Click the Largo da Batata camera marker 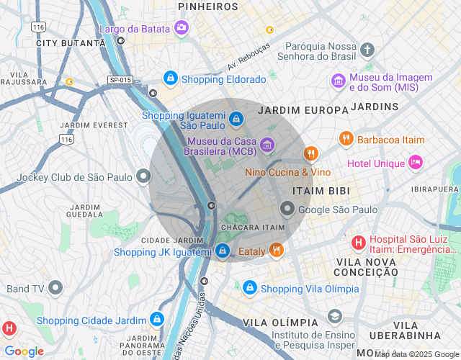[182, 28]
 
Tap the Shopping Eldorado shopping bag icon [171, 78]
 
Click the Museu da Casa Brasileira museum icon [267, 145]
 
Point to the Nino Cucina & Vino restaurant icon [310, 153]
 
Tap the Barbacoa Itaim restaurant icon [346, 138]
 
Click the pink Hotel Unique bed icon [416, 162]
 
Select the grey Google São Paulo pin [287, 209]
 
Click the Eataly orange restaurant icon [276, 250]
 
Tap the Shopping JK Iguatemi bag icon [223, 251]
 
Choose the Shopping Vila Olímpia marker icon [249, 287]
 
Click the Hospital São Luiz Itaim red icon [358, 243]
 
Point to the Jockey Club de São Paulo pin [144, 176]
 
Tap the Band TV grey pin [55, 288]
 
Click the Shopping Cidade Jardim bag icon [156, 319]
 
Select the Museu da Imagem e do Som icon [338, 81]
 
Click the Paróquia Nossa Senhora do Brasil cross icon [367, 50]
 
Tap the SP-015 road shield [120, 80]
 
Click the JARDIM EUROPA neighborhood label [303, 110]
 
